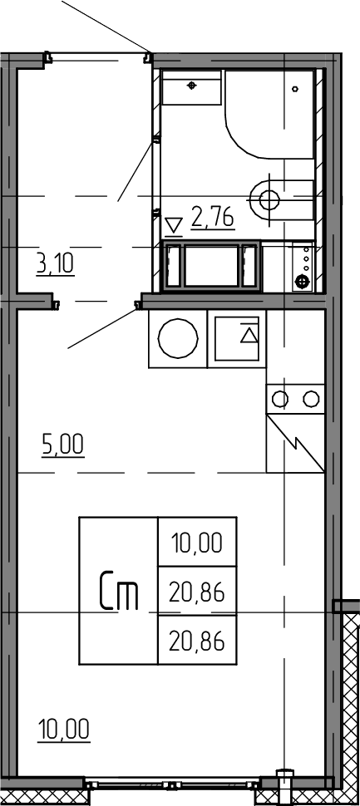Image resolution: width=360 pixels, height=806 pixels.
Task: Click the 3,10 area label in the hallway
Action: coord(56,264)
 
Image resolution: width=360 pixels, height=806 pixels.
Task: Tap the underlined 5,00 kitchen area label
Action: coord(62,445)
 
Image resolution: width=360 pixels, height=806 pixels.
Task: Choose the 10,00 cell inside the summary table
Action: coord(198,543)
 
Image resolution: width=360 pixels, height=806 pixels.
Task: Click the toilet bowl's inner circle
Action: coord(269,199)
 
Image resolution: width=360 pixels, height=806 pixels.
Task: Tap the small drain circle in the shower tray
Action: coord(295,89)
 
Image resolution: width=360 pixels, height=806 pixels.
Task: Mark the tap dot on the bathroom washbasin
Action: coord(192,85)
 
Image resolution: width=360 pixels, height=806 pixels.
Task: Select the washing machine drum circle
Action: coord(178,339)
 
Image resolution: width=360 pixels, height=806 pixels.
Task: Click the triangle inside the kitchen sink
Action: coord(249,335)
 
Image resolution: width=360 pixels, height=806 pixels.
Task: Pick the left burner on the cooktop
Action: coord(280,398)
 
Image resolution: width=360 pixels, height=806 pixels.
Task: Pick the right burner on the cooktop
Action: coord(311,398)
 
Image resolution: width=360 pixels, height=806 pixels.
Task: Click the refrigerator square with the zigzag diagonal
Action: coord(295,443)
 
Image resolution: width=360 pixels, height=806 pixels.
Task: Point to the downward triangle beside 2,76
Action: coord(175,225)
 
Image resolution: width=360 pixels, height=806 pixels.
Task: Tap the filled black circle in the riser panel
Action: coord(302,282)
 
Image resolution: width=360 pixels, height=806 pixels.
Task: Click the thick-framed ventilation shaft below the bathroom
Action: coord(212,265)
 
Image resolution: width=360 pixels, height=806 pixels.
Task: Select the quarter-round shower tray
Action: coord(269,114)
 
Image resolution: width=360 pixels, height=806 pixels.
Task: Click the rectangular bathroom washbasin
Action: coord(192,87)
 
